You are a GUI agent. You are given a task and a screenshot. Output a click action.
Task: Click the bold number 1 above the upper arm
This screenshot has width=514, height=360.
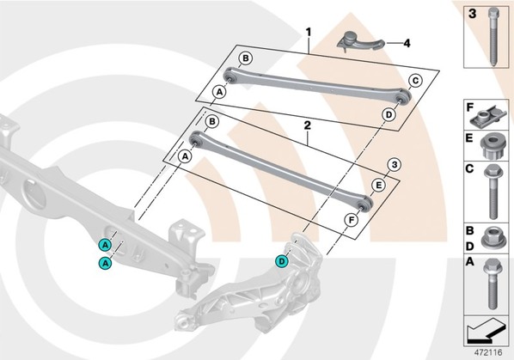(x=308, y=33)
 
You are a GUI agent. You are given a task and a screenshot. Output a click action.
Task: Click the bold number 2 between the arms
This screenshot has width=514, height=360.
(x=307, y=125)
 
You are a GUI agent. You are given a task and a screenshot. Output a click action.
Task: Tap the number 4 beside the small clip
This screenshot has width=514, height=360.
(x=407, y=43)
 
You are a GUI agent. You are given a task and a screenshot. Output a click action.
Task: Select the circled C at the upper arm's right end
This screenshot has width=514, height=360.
(x=415, y=80)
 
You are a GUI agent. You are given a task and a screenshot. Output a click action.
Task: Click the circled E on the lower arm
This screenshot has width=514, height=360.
(x=378, y=186)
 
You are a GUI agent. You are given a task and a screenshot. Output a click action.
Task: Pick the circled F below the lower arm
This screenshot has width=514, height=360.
(x=352, y=221)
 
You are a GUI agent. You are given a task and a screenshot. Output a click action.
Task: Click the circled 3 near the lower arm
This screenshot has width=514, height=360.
(x=395, y=164)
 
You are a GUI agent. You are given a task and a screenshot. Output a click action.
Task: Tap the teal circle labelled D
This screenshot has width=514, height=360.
(x=282, y=261)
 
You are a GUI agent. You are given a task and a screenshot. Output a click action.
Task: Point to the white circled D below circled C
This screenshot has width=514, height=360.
(x=389, y=114)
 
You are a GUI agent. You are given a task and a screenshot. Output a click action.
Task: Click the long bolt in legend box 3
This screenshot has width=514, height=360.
(x=493, y=37)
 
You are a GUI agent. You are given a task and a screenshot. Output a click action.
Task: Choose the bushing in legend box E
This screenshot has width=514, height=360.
(x=493, y=146)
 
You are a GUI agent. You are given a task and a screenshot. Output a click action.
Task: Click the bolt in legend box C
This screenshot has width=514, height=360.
(x=493, y=191)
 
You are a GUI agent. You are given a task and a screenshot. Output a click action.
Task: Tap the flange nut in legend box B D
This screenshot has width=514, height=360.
(x=493, y=236)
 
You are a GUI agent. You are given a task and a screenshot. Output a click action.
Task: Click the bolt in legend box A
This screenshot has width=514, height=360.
(x=492, y=284)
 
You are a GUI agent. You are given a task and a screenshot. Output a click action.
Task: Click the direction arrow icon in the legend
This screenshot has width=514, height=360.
(x=485, y=330)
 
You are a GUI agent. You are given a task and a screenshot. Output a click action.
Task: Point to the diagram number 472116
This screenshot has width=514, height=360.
(x=488, y=352)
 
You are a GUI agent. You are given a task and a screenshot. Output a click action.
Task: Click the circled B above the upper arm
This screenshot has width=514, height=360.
(x=246, y=58)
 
